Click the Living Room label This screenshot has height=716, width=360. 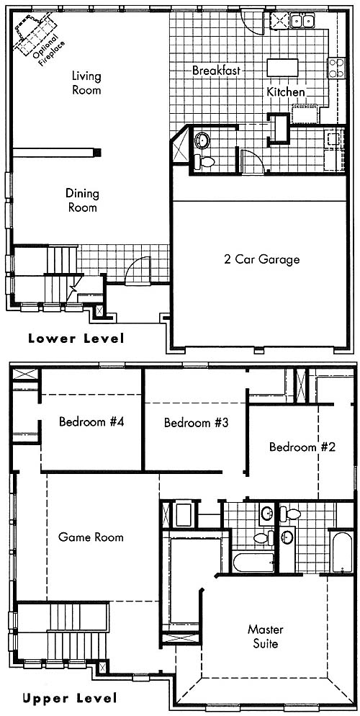86,83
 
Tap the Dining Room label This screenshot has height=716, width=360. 83,200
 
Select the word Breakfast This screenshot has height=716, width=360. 216,71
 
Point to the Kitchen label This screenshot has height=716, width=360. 286,91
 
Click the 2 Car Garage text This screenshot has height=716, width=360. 262,259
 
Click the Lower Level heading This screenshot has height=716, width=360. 76,339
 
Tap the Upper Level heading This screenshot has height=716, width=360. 70,698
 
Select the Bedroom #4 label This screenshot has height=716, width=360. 91,421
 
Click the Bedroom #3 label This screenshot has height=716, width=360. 196,422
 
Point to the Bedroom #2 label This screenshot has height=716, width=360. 302,447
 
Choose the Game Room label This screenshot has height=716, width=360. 91,537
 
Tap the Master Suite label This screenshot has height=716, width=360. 266,637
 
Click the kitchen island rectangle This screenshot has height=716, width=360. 282,68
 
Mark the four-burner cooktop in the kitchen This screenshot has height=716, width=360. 336,68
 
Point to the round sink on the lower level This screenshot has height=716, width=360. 201,140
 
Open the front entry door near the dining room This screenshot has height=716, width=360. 138,272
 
